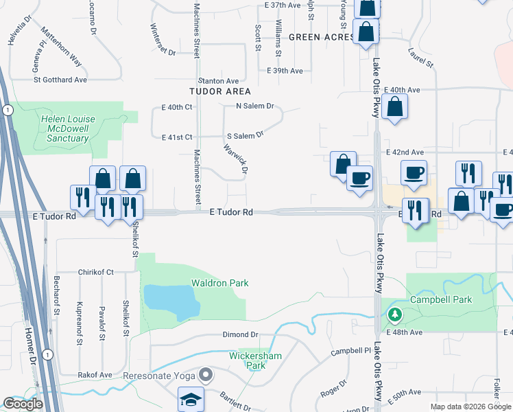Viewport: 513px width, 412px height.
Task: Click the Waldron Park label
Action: [219, 283]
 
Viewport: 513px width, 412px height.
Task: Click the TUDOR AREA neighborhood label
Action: [220, 91]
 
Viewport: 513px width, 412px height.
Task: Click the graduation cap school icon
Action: [190, 400]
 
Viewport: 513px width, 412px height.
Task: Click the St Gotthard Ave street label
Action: [60, 80]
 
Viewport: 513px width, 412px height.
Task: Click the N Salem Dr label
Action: [254, 106]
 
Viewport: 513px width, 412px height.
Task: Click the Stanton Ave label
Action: [218, 81]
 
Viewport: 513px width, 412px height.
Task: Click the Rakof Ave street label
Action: [95, 376]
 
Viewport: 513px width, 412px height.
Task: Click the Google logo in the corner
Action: [23, 404]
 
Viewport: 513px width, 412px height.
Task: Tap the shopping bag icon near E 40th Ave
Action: [395, 107]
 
